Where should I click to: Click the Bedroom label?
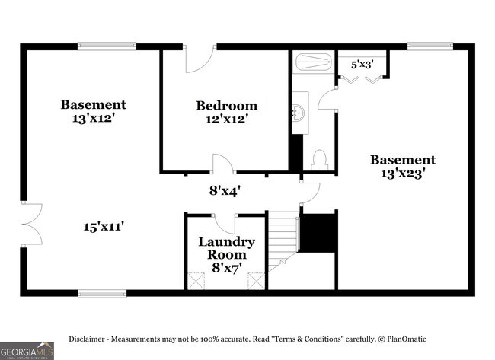point(226,106)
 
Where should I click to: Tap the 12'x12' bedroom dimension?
point(226,119)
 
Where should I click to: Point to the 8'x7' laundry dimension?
point(226,268)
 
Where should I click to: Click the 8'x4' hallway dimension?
point(225,191)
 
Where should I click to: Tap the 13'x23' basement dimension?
point(403,174)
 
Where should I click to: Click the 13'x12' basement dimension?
point(94,119)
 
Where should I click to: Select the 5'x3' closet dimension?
point(362,65)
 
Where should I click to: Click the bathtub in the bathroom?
point(312,61)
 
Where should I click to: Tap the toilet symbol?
point(320,160)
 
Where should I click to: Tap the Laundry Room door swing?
point(226,223)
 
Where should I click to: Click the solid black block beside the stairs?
point(318,232)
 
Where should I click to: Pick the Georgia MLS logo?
point(27,351)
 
